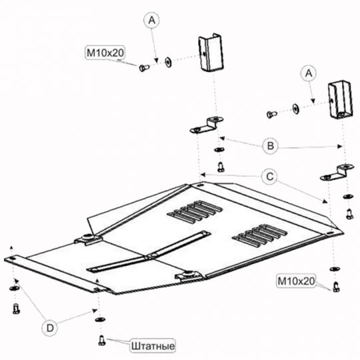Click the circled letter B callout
(270, 145)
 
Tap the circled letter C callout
(270, 177)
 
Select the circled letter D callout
(50, 328)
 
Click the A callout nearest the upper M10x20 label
(152, 21)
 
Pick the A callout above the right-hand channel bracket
(309, 73)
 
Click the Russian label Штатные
(153, 346)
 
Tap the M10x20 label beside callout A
(105, 53)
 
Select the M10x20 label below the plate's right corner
(296, 281)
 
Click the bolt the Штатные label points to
(102, 340)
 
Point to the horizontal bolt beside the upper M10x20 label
(144, 68)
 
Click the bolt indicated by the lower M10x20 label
(337, 287)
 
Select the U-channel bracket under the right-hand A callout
(341, 99)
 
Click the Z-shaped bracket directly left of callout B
(207, 125)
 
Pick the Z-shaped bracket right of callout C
(337, 172)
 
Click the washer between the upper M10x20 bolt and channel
(168, 62)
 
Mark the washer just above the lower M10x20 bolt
(335, 269)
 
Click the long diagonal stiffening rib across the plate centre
(149, 252)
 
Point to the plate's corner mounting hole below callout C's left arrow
(200, 185)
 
